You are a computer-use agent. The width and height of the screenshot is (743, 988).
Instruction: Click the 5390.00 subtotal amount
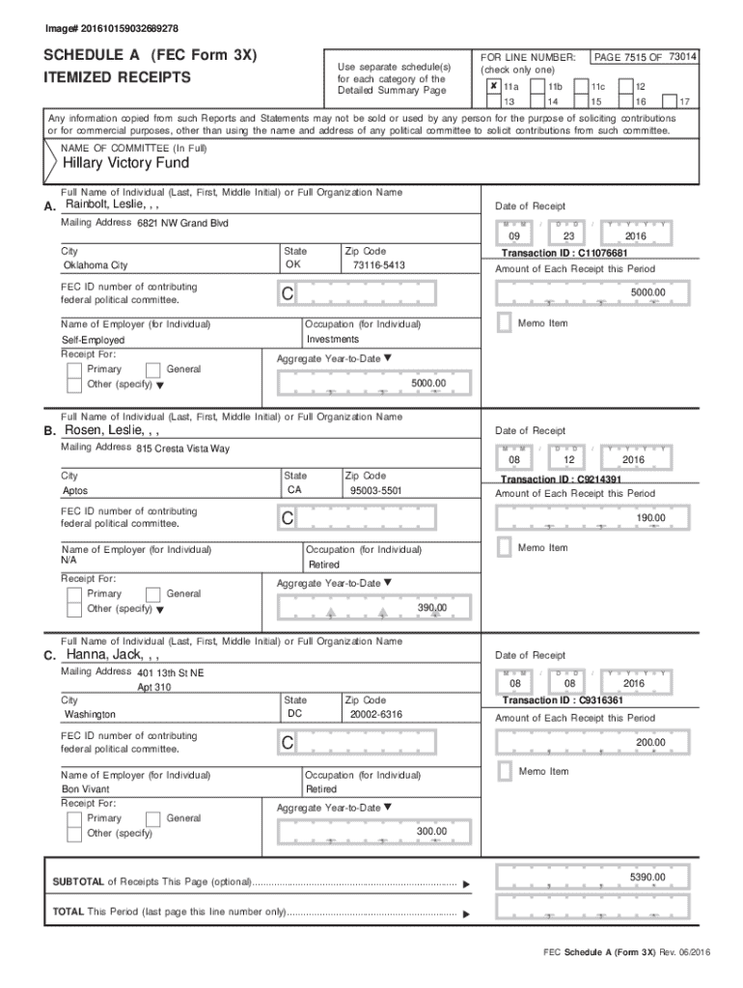click(x=647, y=877)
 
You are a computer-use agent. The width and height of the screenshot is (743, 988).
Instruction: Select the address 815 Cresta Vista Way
click(x=183, y=449)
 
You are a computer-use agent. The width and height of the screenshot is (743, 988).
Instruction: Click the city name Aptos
click(x=75, y=490)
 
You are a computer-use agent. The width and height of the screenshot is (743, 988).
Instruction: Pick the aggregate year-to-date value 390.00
click(x=431, y=607)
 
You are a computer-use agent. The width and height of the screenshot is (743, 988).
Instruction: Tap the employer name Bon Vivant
click(x=86, y=789)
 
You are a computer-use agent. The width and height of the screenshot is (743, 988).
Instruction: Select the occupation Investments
click(x=333, y=340)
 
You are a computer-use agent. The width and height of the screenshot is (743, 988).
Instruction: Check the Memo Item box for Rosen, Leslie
click(x=503, y=547)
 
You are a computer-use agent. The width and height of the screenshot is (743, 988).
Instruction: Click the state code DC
click(x=295, y=714)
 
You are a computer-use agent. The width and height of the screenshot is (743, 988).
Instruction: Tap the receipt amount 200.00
click(x=648, y=742)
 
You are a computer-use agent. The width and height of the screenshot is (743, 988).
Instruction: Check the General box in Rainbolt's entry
click(x=152, y=370)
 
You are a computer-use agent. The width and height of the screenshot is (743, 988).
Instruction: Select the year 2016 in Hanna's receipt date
click(x=634, y=684)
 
